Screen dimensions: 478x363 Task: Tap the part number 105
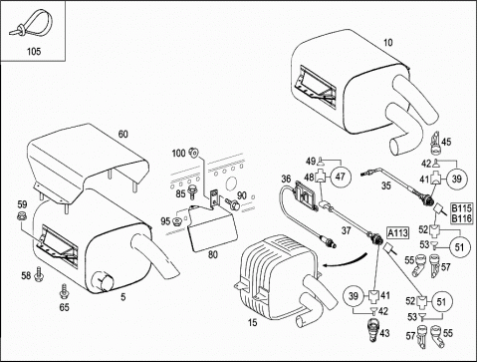tap(34, 51)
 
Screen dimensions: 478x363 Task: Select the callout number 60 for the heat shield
tap(122, 134)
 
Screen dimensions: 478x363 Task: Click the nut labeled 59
tap(21, 216)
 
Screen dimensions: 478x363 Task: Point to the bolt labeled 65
tap(64, 291)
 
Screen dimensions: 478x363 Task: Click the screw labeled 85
tap(191, 191)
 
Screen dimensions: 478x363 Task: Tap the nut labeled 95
tap(177, 220)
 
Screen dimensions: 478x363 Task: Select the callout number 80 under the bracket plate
tap(213, 254)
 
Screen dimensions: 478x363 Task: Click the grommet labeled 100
tap(193, 153)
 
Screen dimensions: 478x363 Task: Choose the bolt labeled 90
tap(233, 203)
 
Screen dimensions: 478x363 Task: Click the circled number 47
tap(340, 177)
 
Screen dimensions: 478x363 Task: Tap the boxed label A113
tap(397, 232)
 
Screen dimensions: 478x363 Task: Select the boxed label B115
tap(461, 208)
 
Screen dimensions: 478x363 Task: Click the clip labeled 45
tap(436, 143)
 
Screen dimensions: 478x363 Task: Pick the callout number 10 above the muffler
tap(387, 43)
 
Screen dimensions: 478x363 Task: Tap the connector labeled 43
tap(374, 330)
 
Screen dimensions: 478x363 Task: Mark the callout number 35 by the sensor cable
tap(385, 185)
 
